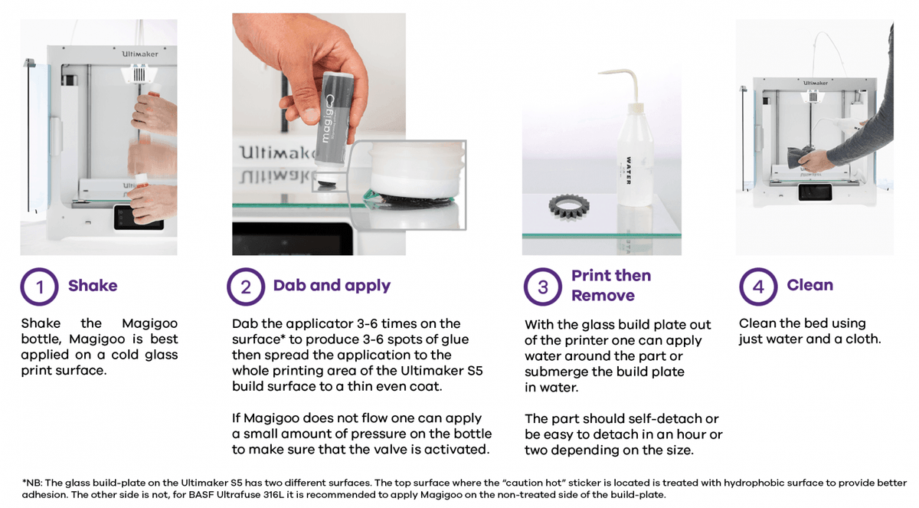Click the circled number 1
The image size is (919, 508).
39,287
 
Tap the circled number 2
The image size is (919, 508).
246,287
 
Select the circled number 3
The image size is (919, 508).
543,287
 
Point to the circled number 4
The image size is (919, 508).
758,287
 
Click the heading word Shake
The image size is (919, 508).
93,286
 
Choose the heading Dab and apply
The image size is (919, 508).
332,286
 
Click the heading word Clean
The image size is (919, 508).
810,285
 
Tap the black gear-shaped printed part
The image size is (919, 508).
568,207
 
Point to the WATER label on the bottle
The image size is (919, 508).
629,170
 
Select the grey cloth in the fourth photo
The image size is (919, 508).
800,157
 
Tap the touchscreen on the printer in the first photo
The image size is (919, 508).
138,218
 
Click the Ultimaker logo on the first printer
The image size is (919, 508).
140,54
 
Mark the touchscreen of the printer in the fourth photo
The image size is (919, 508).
815,192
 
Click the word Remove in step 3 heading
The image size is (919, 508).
603,296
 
